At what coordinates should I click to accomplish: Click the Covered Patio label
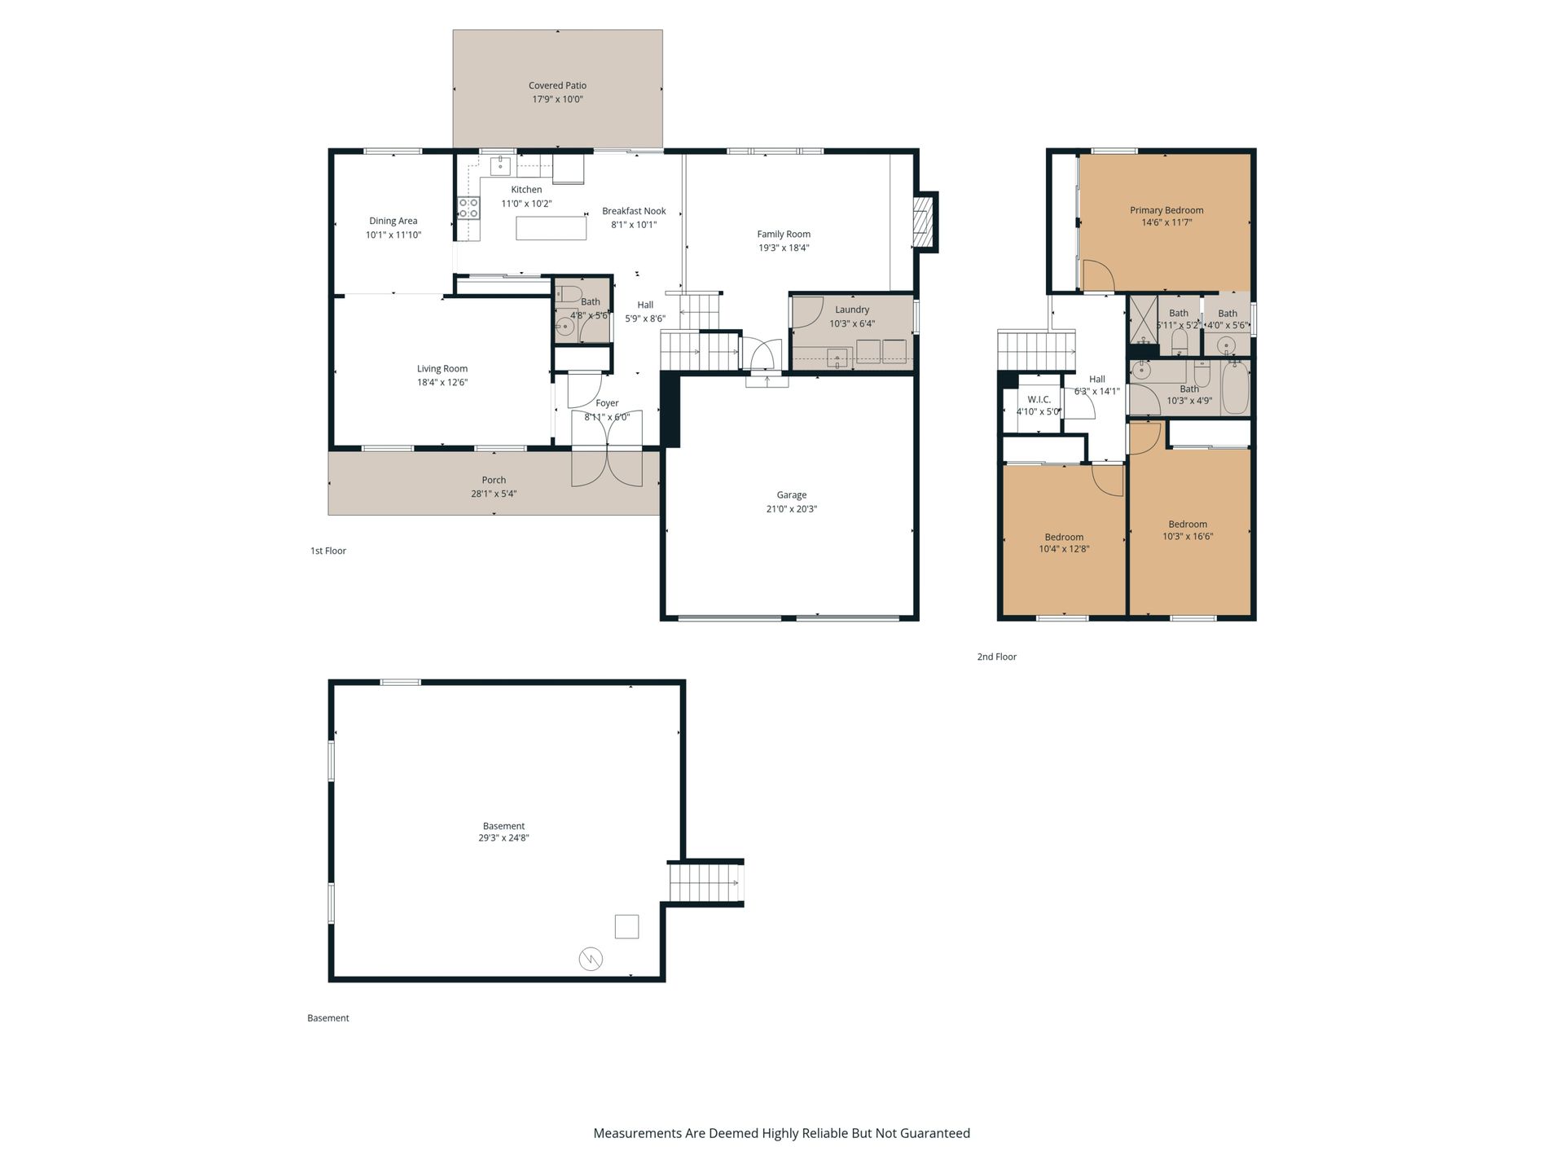(x=557, y=86)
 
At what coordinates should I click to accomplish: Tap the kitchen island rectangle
(x=551, y=228)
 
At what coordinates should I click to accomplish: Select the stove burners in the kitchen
(x=468, y=208)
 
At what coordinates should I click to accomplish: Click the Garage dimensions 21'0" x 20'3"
(x=791, y=509)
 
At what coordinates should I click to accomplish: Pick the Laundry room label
(x=852, y=310)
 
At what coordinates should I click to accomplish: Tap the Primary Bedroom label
(x=1166, y=210)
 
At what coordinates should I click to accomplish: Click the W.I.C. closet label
(x=1039, y=399)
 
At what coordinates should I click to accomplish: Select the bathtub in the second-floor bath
(x=1235, y=389)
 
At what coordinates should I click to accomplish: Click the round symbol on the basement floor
(x=591, y=959)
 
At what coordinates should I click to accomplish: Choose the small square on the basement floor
(x=626, y=926)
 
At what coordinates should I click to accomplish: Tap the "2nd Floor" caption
(x=997, y=657)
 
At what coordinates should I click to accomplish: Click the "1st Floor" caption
(x=328, y=551)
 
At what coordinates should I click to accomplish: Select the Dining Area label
(x=393, y=221)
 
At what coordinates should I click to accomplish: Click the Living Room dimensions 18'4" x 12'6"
(x=442, y=383)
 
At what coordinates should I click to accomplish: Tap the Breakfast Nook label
(x=634, y=211)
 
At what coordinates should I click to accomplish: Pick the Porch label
(x=494, y=480)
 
